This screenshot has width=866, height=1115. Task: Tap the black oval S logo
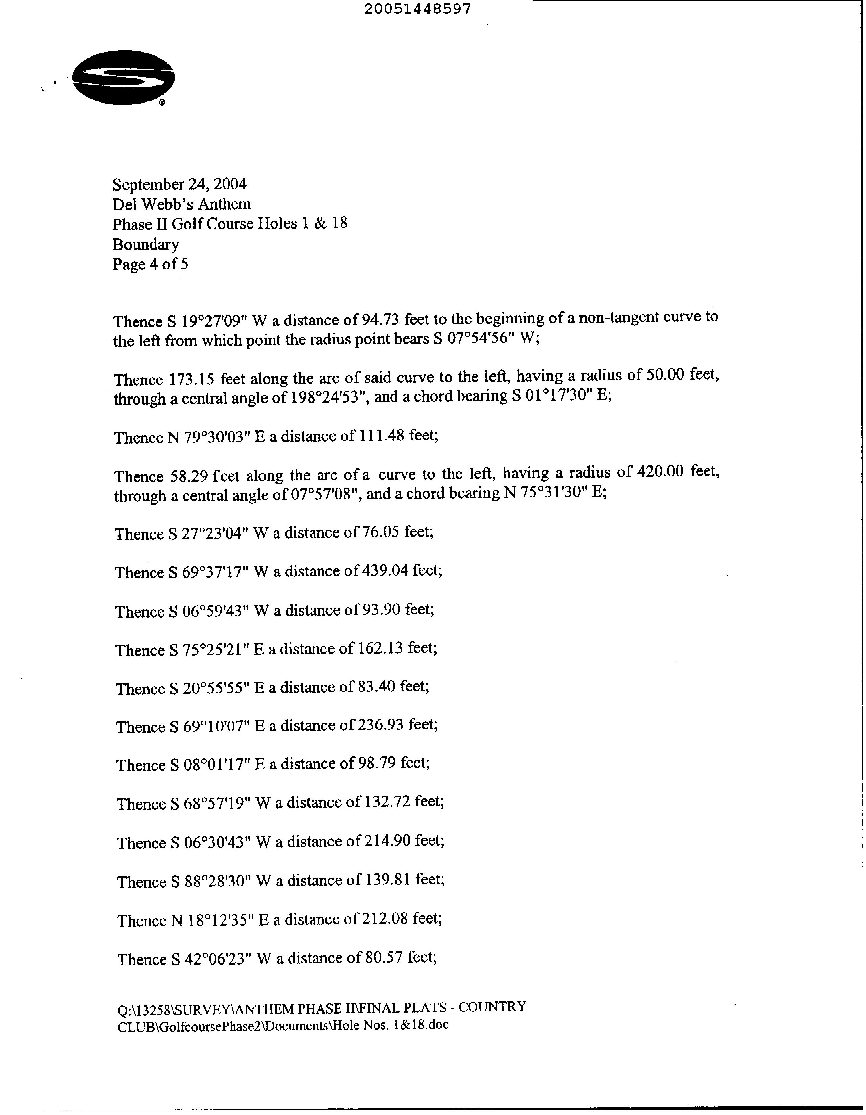pyautogui.click(x=123, y=77)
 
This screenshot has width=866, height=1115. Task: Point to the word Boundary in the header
pyautogui.click(x=145, y=245)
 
